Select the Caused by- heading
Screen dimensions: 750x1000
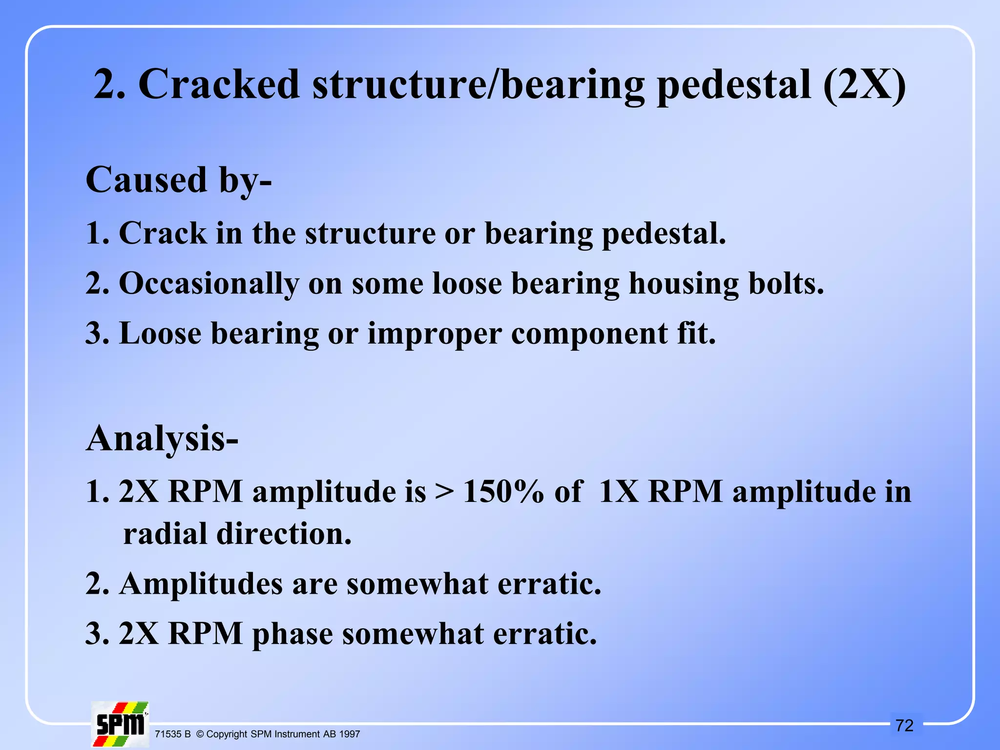179,181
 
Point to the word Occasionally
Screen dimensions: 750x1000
209,284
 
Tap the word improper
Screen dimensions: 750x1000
435,334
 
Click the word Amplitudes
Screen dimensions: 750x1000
201,584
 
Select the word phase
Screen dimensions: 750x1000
292,634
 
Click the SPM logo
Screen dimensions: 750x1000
120,725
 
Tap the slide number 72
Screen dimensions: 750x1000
904,726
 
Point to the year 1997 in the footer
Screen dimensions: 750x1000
349,734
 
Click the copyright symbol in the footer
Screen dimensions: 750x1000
200,734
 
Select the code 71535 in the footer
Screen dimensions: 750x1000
167,734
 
